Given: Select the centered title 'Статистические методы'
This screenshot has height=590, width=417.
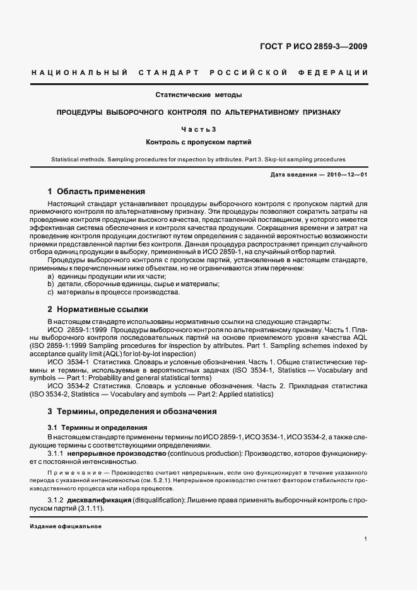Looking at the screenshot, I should tap(199, 95).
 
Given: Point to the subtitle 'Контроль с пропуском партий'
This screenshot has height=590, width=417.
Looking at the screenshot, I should tap(199, 142).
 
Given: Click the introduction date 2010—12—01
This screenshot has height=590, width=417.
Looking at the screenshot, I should tap(347, 174).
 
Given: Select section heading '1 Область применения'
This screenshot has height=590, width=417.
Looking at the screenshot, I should tap(97, 191).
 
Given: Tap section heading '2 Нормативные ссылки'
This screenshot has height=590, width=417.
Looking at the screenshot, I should tap(98, 309).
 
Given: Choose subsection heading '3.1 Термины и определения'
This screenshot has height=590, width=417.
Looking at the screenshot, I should tap(89, 427).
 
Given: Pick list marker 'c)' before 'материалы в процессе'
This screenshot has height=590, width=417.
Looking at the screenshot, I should tap(51, 292).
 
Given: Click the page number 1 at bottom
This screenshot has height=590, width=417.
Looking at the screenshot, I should tap(366, 539).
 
